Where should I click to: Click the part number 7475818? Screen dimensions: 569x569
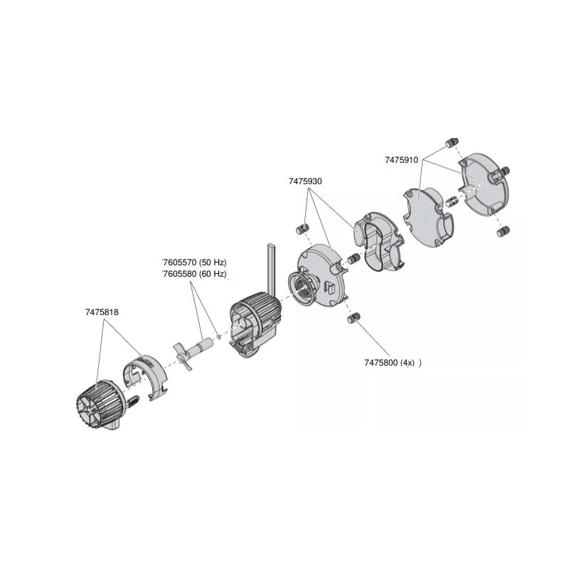coord(102,312)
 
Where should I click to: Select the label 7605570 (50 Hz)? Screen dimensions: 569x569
coord(194,262)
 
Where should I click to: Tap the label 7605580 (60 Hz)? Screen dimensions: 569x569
coord(194,274)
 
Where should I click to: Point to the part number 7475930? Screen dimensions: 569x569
coord(305,181)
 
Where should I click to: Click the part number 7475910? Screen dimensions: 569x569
coord(401,160)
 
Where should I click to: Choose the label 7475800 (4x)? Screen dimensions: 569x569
coord(389,363)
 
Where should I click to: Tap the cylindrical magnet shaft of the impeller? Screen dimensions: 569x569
coord(201,345)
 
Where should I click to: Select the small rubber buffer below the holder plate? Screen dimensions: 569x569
coord(353,318)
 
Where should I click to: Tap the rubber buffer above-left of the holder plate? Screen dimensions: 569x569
coord(302,229)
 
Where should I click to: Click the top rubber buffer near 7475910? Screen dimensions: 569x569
coord(452,143)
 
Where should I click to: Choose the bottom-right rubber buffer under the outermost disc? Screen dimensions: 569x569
coord(503,230)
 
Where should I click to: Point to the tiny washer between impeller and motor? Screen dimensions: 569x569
coord(218,336)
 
